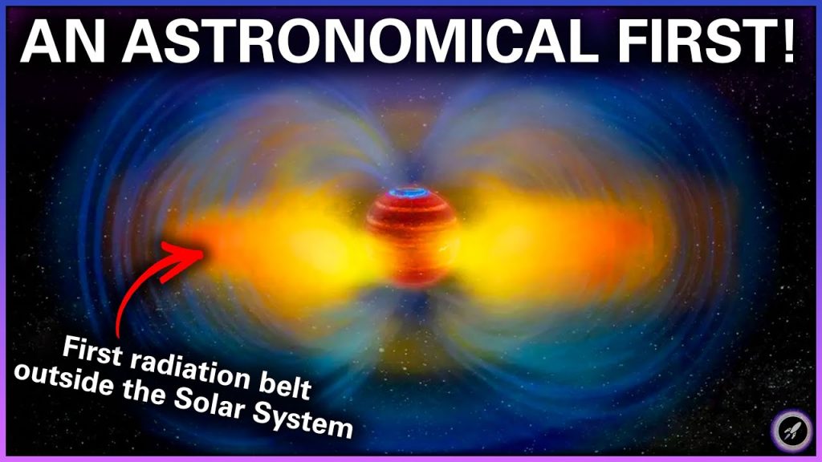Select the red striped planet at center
[x=413, y=241]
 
